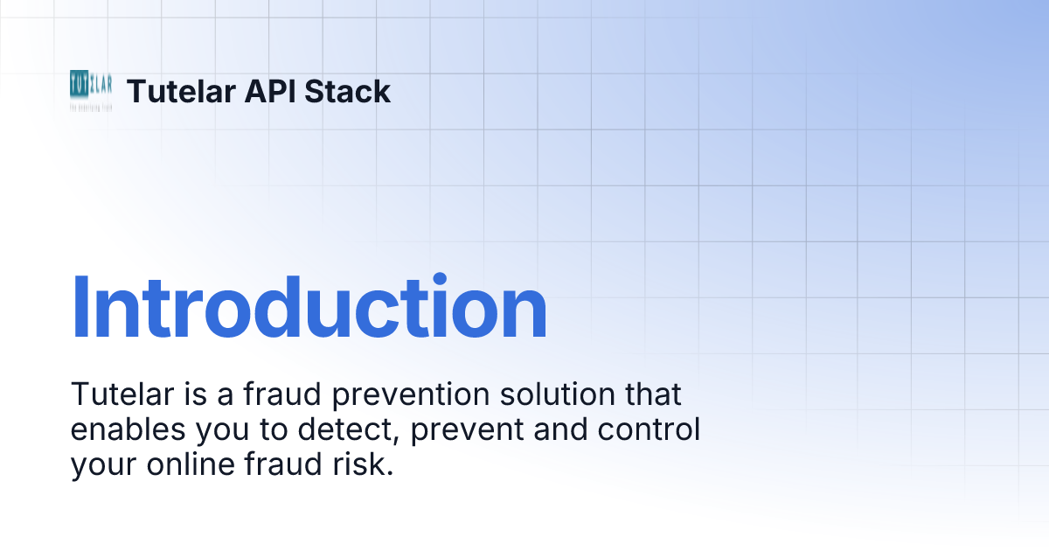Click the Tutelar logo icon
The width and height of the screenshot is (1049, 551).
point(91,90)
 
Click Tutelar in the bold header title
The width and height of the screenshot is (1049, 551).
point(179,91)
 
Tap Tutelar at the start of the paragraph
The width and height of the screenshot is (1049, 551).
point(113,394)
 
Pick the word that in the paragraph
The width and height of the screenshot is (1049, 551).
point(649,394)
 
